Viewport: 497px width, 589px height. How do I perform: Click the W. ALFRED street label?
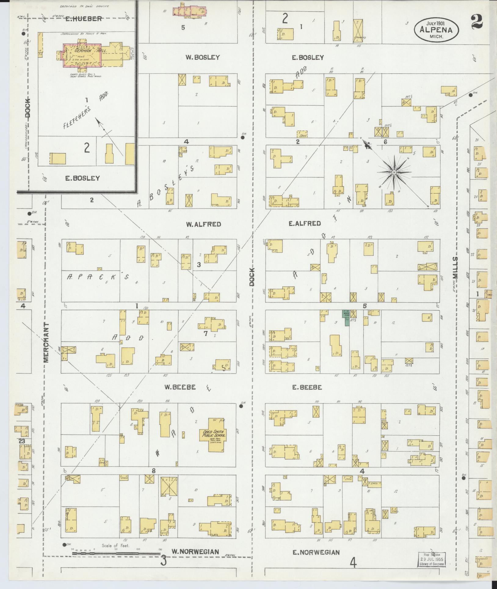pyautogui.click(x=203, y=224)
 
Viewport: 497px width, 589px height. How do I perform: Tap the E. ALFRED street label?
pyautogui.click(x=304, y=223)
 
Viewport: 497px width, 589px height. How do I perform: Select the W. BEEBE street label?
pyautogui.click(x=180, y=387)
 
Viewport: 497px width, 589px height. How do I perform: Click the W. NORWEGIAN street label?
pyautogui.click(x=195, y=552)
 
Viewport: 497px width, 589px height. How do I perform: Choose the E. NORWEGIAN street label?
pyautogui.click(x=316, y=552)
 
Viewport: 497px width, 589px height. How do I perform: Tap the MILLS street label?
pyautogui.click(x=456, y=267)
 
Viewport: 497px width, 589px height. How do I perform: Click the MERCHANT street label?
pyautogui.click(x=46, y=342)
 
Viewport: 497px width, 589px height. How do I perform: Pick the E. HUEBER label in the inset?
pyautogui.click(x=83, y=19)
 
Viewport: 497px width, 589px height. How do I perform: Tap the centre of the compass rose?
pyautogui.click(x=394, y=172)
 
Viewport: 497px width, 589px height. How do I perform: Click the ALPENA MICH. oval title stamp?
pyautogui.click(x=436, y=30)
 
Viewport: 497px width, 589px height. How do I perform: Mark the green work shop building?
pyautogui.click(x=347, y=318)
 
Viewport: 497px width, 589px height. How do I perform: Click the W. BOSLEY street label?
pyautogui.click(x=203, y=57)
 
